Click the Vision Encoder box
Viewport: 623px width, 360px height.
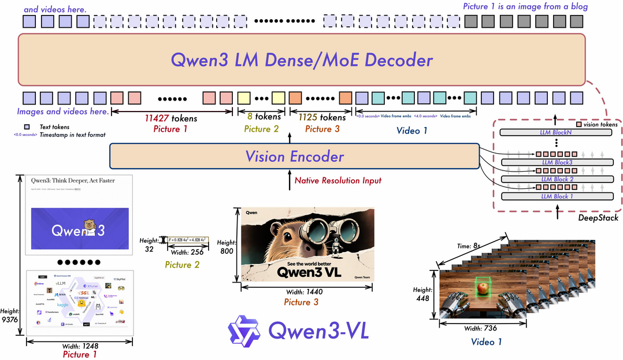(294, 156)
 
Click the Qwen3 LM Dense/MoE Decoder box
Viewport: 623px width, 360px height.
(301, 60)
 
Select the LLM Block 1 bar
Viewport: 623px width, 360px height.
(556, 196)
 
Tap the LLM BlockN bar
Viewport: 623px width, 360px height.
(556, 132)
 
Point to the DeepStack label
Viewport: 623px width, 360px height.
(598, 218)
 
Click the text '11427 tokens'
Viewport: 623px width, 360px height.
(170, 118)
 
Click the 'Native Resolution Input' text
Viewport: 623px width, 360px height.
(338, 180)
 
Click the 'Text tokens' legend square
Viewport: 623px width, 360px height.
(27, 127)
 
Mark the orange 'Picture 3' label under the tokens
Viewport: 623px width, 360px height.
(318, 129)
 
